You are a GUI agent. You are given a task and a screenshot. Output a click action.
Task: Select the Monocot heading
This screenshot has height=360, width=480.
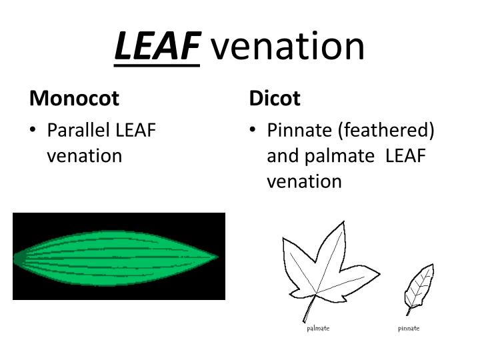(x=74, y=99)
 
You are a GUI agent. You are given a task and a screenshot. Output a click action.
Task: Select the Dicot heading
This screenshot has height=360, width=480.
(x=275, y=99)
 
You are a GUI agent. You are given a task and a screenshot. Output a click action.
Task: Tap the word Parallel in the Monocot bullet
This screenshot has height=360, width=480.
(x=79, y=130)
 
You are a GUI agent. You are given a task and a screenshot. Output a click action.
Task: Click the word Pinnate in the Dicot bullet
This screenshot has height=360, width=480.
(x=299, y=130)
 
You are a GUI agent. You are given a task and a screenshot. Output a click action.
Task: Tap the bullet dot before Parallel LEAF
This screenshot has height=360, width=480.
(x=34, y=131)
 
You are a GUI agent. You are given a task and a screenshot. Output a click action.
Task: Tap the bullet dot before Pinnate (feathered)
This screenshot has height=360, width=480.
(x=254, y=131)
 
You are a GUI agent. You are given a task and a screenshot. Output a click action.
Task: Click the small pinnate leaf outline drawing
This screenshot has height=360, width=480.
(x=421, y=285)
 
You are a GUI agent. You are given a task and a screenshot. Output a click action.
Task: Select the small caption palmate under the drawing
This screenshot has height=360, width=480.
(x=318, y=329)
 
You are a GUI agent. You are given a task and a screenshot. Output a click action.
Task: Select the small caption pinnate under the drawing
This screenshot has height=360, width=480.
(x=409, y=329)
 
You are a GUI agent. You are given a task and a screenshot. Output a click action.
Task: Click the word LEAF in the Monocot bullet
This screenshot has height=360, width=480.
(x=136, y=130)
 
